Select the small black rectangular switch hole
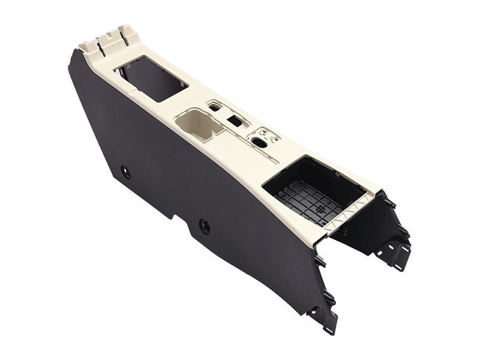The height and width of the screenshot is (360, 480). click(x=235, y=121)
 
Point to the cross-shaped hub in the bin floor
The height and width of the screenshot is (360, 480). click(x=319, y=209)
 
